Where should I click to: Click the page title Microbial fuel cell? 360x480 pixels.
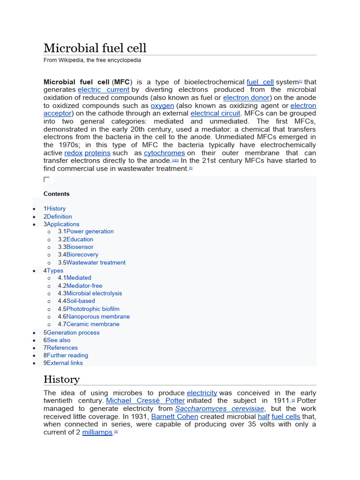(95, 48)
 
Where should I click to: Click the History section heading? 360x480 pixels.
(61, 379)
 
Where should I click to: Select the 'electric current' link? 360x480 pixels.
(104, 90)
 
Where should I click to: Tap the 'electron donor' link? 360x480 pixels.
(247, 97)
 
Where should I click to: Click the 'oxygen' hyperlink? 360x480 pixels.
(162, 105)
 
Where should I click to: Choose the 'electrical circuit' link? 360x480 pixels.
(216, 113)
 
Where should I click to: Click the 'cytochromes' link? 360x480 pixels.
(164, 153)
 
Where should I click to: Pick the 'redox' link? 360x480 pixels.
(73, 153)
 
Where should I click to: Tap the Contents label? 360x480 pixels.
(56, 194)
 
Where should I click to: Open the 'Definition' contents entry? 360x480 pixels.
(59, 217)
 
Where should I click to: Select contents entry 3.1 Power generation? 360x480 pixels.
(90, 231)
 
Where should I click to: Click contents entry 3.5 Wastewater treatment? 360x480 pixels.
(96, 262)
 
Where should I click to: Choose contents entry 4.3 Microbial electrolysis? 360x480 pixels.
(94, 293)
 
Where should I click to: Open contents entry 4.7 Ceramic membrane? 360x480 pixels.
(92, 324)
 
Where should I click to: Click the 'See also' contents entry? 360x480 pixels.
(58, 340)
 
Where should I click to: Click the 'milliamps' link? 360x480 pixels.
(97, 432)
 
